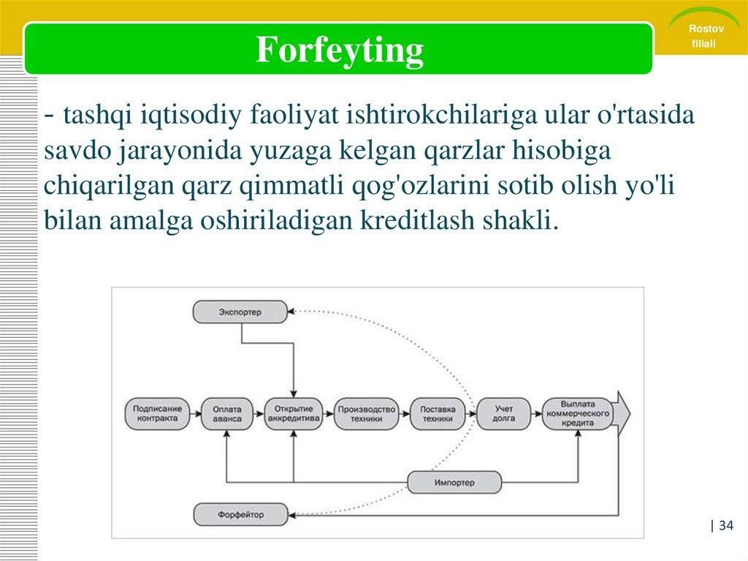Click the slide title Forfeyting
(339, 50)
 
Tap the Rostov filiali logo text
(705, 36)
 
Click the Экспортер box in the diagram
(240, 312)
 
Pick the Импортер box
(454, 483)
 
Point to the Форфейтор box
(241, 515)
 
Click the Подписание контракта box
(157, 414)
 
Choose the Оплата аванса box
(227, 414)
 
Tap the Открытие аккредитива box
(294, 414)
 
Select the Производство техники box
(367, 414)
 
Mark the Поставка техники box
(438, 414)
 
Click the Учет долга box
(504, 414)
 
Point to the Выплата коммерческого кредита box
(578, 414)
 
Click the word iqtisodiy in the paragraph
(191, 115)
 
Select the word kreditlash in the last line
(417, 220)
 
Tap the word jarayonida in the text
(180, 151)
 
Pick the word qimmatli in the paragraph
(291, 186)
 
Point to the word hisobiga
(562, 151)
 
